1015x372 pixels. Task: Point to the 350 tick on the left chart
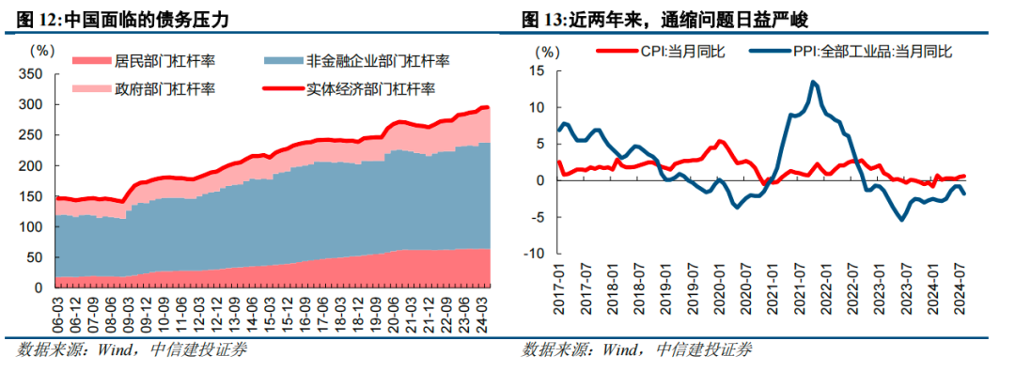click(x=31, y=74)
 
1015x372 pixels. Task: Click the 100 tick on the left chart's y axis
click(x=31, y=227)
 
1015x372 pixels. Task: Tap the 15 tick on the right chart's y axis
click(x=538, y=71)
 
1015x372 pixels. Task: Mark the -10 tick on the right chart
click(x=534, y=253)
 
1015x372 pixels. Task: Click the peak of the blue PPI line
click(x=812, y=82)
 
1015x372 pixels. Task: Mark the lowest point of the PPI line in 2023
click(x=902, y=219)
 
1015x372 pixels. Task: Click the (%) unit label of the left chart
click(x=41, y=49)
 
